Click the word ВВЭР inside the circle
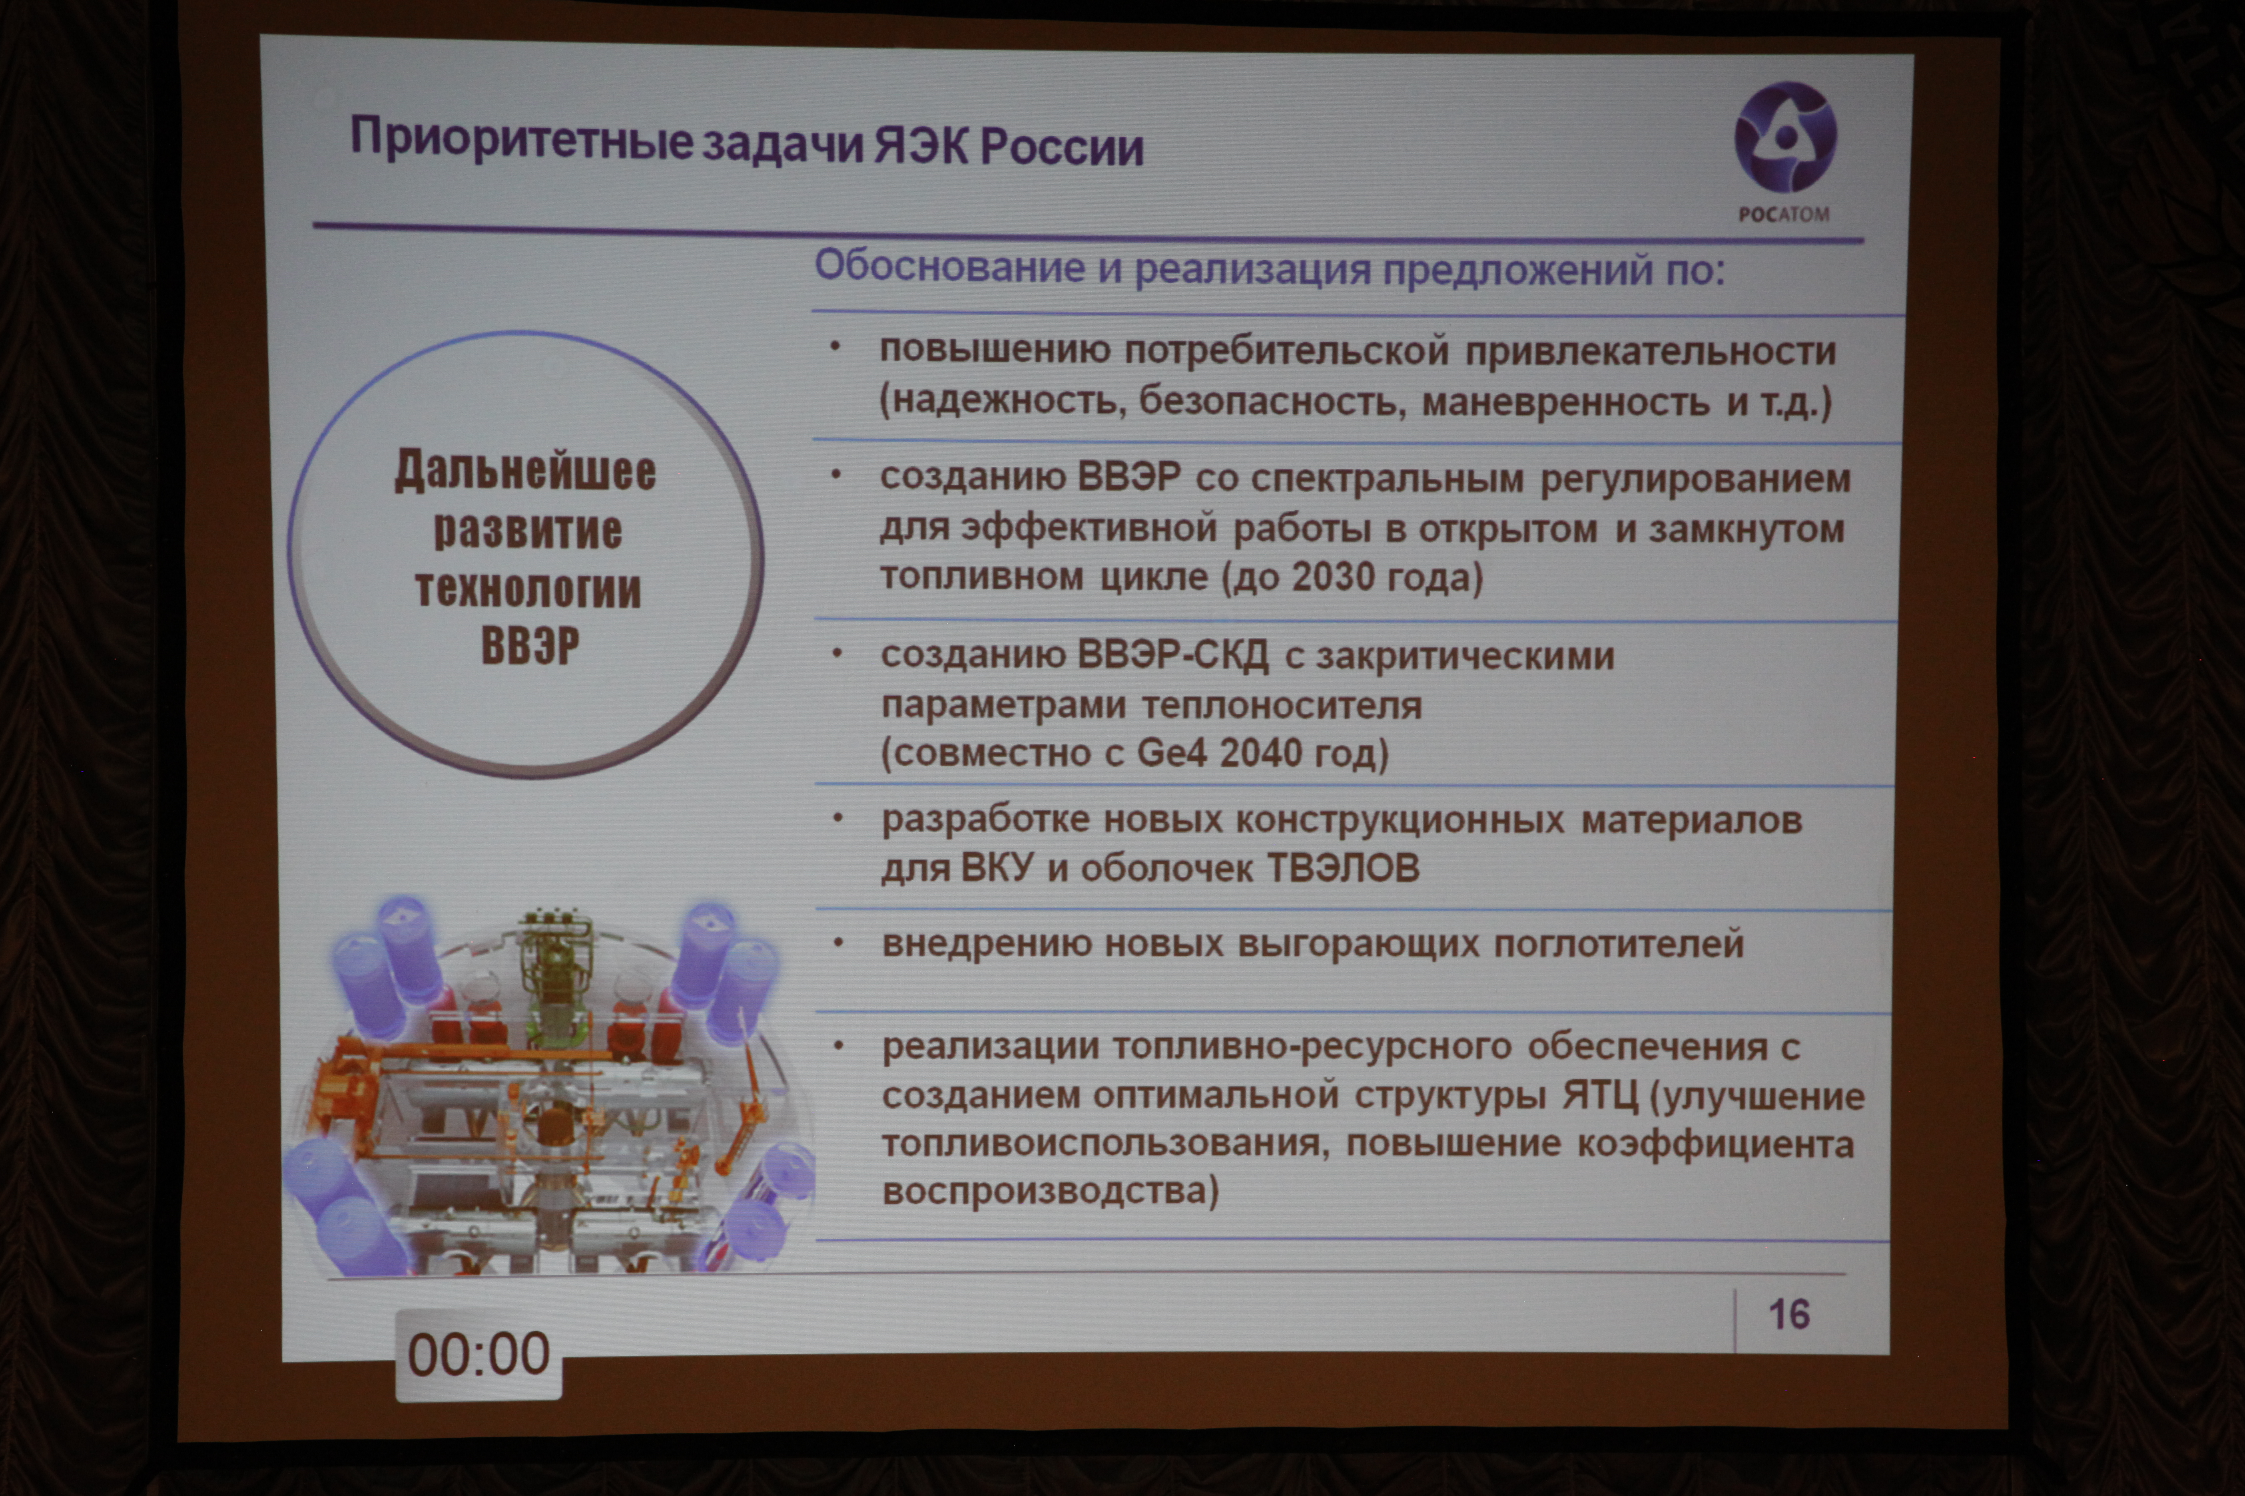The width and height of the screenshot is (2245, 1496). coord(530,646)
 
